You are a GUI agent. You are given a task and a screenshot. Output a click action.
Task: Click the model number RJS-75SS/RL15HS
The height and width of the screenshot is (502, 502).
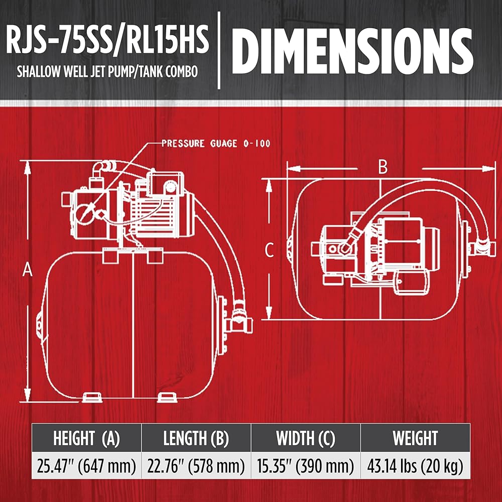(107, 40)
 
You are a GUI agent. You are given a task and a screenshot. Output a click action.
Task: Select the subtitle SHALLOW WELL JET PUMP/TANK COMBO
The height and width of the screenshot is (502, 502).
(107, 71)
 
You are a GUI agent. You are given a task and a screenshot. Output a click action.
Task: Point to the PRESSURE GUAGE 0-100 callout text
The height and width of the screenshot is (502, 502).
(216, 144)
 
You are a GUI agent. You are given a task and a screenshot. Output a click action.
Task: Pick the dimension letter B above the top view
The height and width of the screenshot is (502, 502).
(383, 168)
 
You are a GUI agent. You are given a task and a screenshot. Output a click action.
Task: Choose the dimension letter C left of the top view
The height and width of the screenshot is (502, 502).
(270, 249)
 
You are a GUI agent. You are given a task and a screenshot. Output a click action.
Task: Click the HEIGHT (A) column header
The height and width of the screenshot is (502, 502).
(86, 438)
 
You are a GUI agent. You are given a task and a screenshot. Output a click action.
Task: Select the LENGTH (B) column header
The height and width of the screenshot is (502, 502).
(196, 438)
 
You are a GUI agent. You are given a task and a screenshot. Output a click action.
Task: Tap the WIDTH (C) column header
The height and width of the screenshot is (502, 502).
(305, 438)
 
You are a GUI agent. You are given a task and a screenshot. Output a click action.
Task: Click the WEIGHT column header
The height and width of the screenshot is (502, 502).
(415, 438)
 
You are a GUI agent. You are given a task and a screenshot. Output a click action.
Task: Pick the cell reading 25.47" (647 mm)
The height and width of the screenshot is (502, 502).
(86, 467)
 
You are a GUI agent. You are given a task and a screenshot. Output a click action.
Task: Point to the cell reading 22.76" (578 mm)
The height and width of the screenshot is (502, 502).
(196, 467)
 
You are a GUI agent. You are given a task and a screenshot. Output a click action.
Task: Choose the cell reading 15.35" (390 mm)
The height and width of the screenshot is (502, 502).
(305, 467)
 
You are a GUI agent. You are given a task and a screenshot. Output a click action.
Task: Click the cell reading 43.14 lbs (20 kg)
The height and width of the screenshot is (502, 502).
(415, 467)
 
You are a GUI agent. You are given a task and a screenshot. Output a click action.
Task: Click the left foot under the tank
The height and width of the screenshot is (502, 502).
(91, 397)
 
